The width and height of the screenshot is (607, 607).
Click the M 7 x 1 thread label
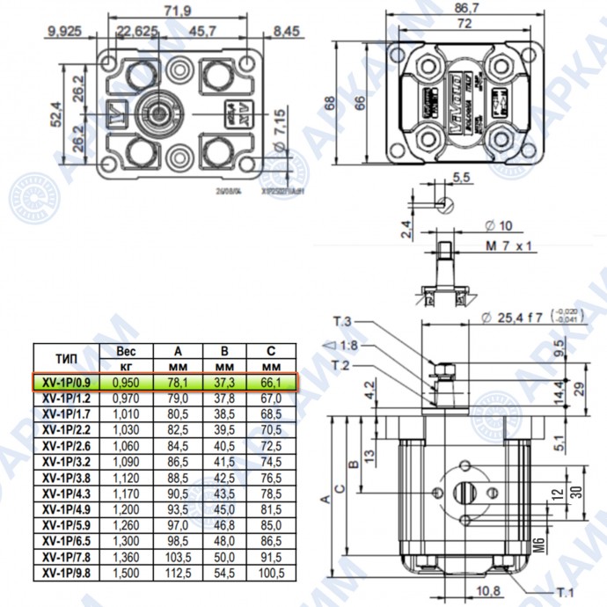click(x=509, y=246)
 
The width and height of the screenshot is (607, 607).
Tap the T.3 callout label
click(x=342, y=320)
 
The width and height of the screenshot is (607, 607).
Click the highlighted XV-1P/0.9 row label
click(x=67, y=383)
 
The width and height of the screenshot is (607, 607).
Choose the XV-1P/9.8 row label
click(x=67, y=573)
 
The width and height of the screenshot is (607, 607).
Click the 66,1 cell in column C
click(x=271, y=383)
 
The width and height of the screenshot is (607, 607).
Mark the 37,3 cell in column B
click(x=224, y=383)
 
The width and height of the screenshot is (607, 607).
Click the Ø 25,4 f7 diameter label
click(x=513, y=318)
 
